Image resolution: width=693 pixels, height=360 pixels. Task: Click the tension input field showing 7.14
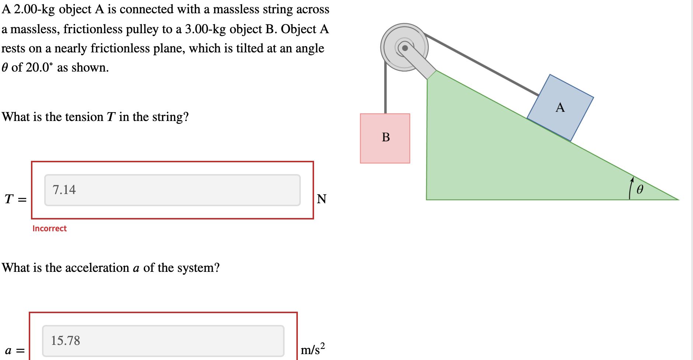point(172,190)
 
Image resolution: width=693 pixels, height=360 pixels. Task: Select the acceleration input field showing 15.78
point(163,341)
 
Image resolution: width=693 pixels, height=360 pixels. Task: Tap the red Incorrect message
point(49,229)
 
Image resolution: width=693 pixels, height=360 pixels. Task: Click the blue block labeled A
point(560,108)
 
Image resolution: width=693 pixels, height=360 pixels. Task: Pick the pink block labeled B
point(385,138)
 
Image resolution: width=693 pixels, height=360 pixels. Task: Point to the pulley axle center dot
point(405,48)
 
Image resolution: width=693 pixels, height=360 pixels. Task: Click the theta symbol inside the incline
point(640,190)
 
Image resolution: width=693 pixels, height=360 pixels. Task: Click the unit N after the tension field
point(321,199)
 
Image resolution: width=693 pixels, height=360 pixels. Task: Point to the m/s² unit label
point(313,349)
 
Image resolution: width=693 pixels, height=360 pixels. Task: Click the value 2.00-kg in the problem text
point(34,10)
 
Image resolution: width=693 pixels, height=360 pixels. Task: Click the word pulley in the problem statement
point(142,29)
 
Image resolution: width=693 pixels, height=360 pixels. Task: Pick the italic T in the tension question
point(111,117)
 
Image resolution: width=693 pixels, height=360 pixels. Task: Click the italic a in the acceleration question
point(136,268)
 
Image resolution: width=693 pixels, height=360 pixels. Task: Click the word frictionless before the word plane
point(120,48)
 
